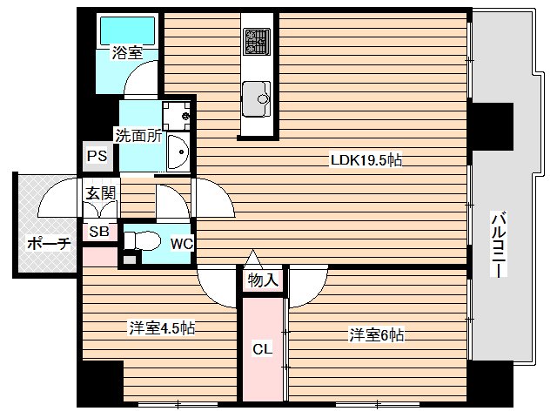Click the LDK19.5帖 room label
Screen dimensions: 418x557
pos(365,160)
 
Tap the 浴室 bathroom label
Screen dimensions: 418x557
pos(126,53)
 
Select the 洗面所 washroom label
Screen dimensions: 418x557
pos(138,135)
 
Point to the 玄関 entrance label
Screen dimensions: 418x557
pos(97,192)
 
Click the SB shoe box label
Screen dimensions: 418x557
pos(97,232)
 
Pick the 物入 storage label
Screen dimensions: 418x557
pos(263,280)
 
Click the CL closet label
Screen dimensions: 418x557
pos(262,349)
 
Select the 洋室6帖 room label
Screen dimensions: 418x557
pos(376,334)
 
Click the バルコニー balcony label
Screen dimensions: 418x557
pos(499,244)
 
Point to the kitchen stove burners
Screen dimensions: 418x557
pos(257,41)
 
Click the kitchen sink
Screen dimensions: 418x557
pos(257,95)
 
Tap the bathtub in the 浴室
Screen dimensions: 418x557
pos(127,30)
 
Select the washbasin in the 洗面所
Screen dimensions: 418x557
pos(178,155)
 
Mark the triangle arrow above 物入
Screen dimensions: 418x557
pos(252,259)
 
